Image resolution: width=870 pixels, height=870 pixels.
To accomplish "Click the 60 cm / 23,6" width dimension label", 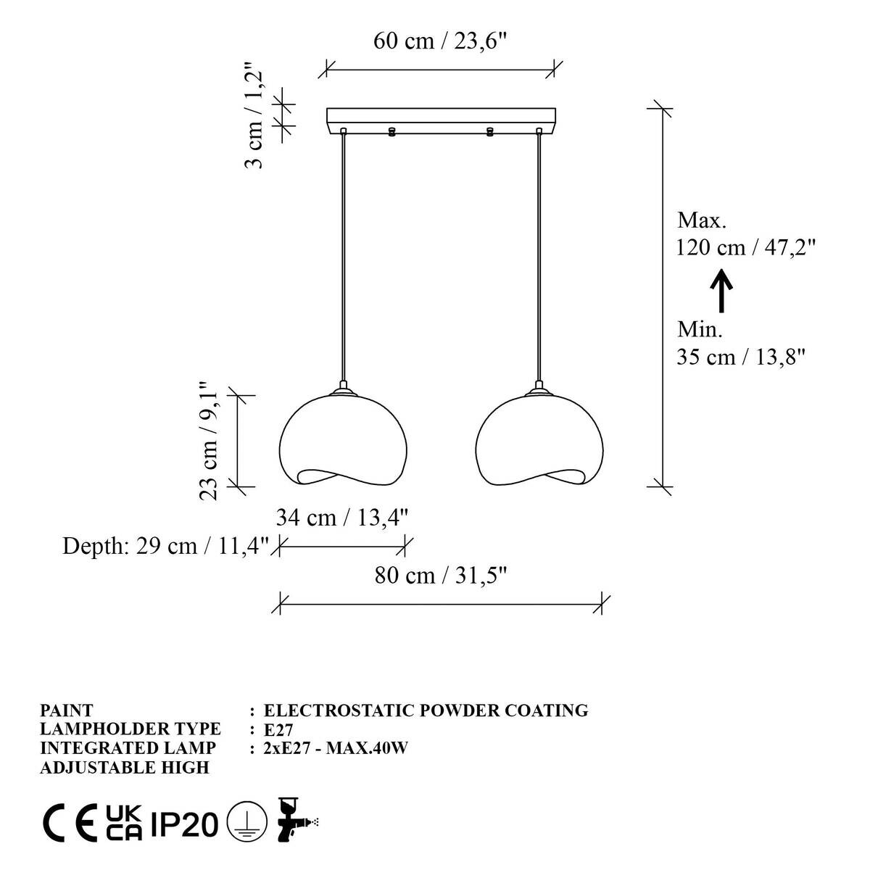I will [439, 41].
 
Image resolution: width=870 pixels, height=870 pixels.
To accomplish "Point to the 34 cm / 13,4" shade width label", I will [342, 518].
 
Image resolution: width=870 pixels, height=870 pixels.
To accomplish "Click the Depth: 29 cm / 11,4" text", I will [166, 545].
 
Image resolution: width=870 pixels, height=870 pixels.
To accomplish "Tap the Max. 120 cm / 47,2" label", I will [745, 234].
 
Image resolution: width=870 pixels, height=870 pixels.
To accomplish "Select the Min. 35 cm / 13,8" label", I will [741, 344].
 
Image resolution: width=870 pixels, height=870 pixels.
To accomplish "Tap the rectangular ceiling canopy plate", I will [441, 117].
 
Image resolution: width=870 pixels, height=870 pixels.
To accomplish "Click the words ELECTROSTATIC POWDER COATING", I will [426, 710].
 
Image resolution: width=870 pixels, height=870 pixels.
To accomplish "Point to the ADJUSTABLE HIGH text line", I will [124, 767].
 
